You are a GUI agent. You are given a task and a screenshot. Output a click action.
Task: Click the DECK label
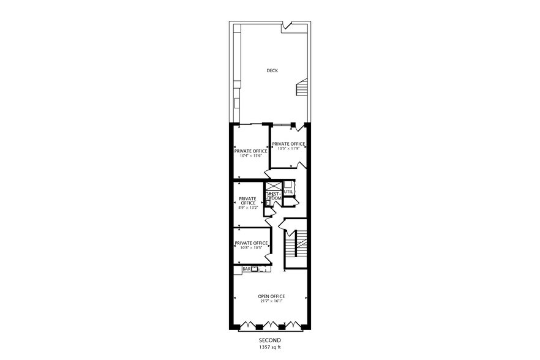(272, 70)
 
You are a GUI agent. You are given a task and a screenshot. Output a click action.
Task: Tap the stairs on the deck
(301, 88)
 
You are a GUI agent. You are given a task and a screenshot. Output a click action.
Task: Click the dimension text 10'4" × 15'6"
(250, 156)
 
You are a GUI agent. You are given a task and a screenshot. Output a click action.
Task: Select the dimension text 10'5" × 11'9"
(288, 148)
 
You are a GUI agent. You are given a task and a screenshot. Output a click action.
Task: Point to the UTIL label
(289, 191)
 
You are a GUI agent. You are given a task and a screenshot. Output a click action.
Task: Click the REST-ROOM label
(274, 196)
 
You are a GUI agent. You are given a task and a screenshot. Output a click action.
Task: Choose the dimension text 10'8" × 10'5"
(250, 248)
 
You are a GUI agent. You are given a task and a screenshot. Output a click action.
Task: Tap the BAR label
(246, 269)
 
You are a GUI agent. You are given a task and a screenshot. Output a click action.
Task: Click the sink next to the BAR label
(255, 269)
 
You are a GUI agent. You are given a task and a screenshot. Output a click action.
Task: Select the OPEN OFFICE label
(271, 296)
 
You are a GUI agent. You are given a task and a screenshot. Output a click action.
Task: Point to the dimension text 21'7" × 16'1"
(271, 302)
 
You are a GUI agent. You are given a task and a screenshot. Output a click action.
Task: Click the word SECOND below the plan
(269, 340)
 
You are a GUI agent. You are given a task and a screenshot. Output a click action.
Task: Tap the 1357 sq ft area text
(269, 347)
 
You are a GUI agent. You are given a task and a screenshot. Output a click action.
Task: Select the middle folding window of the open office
(269, 325)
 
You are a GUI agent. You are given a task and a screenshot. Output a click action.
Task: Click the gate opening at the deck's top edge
(287, 26)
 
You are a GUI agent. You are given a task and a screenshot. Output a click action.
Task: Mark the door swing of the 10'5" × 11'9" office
(298, 165)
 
